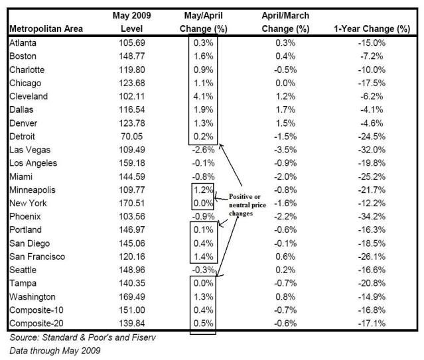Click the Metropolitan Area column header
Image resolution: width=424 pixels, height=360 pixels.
(x=46, y=29)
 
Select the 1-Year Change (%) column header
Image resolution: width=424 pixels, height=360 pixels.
(x=372, y=29)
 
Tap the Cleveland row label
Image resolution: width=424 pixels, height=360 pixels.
(x=29, y=96)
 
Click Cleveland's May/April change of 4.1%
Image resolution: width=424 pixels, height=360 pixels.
(x=203, y=96)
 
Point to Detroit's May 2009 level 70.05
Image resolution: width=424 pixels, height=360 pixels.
(x=131, y=136)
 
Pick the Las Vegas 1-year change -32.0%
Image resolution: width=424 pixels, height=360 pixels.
(x=372, y=149)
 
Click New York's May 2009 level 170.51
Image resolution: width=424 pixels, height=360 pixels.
(x=132, y=203)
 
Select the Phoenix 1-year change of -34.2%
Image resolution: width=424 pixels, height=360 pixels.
(x=372, y=216)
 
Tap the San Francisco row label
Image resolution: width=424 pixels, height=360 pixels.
(x=37, y=257)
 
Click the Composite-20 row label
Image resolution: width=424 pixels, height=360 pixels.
(x=36, y=324)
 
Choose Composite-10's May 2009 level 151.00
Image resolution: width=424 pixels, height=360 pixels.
(x=132, y=310)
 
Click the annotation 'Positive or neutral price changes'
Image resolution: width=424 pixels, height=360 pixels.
(x=247, y=205)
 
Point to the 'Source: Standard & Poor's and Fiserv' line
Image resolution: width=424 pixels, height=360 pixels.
(x=82, y=337)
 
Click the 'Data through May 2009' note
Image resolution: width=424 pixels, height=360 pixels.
(x=55, y=351)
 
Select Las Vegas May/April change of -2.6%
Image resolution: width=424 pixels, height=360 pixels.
(x=203, y=149)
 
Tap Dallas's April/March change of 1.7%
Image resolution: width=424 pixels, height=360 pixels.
(x=285, y=109)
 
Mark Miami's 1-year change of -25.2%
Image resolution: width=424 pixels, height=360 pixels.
(x=372, y=176)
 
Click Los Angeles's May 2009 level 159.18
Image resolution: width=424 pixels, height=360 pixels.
(x=132, y=163)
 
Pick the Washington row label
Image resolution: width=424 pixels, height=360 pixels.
(x=33, y=296)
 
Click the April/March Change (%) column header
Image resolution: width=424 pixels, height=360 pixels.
(x=285, y=22)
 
